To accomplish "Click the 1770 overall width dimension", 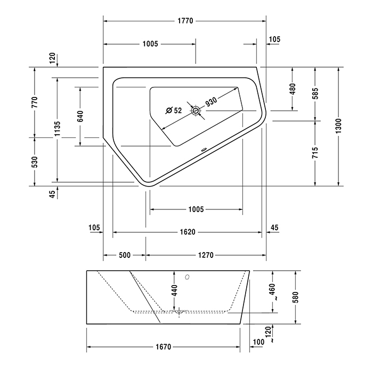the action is pyautogui.click(x=185, y=21).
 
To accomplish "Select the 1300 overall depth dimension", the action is pyautogui.click(x=338, y=126).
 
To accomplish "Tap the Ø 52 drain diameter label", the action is pyautogui.click(x=174, y=110).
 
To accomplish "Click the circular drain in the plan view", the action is pyautogui.click(x=196, y=111).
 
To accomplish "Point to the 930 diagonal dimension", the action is pyautogui.click(x=211, y=102).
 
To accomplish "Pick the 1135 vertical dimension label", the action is pyautogui.click(x=58, y=129).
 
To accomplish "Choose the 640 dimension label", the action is pyautogui.click(x=80, y=116).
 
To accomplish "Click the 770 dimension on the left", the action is pyautogui.click(x=35, y=102).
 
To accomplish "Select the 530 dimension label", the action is pyautogui.click(x=35, y=162).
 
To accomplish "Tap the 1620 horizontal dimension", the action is pyautogui.click(x=188, y=232).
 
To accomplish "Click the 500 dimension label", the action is pyautogui.click(x=125, y=255).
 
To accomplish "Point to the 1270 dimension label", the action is pyautogui.click(x=206, y=255).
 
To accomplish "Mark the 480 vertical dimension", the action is pyautogui.click(x=293, y=89).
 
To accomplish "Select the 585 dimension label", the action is pyautogui.click(x=315, y=93).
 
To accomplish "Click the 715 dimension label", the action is pyautogui.click(x=315, y=153).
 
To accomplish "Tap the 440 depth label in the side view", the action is pyautogui.click(x=175, y=290).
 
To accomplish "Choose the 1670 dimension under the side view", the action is pyautogui.click(x=164, y=347).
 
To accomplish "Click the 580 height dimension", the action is pyautogui.click(x=295, y=297).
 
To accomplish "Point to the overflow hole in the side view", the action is pyautogui.click(x=187, y=277).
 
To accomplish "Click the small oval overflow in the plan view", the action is pyautogui.click(x=204, y=150).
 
